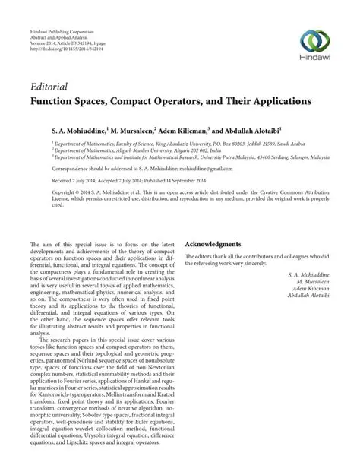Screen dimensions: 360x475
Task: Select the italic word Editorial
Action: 49,86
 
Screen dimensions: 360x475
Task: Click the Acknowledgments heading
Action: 214,245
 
